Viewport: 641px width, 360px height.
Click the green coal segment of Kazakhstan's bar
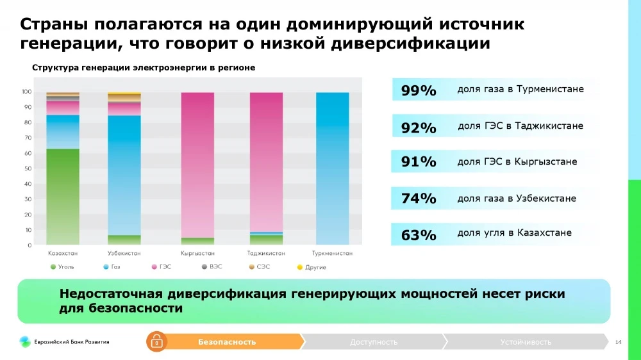(x=63, y=196)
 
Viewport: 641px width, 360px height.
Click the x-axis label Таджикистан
(x=266, y=254)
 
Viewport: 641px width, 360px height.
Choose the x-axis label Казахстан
(x=63, y=254)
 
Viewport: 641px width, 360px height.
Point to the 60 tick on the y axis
(x=28, y=153)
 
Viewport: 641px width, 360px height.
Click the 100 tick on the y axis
(x=27, y=92)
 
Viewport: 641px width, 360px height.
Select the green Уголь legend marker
(x=54, y=266)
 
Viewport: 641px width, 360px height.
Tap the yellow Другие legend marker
(x=299, y=266)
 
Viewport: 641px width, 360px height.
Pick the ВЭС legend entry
(x=212, y=266)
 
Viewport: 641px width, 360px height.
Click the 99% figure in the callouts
(x=419, y=91)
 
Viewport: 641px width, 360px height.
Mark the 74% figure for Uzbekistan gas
(x=419, y=199)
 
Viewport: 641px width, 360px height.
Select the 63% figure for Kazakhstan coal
(x=419, y=235)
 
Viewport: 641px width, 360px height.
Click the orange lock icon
(x=156, y=342)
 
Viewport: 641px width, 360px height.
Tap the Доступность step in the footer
(x=374, y=342)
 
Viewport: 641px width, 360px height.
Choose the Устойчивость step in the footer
(x=526, y=342)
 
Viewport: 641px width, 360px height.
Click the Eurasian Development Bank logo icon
(x=24, y=342)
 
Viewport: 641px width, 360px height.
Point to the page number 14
(x=618, y=342)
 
